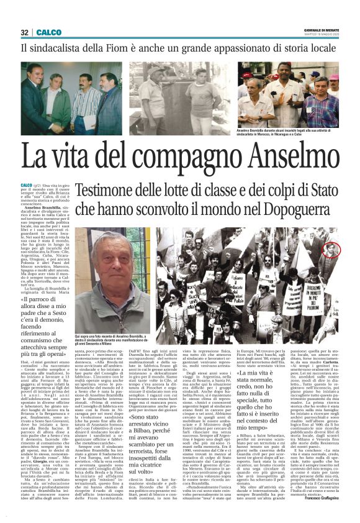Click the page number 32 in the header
(x=25, y=32)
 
